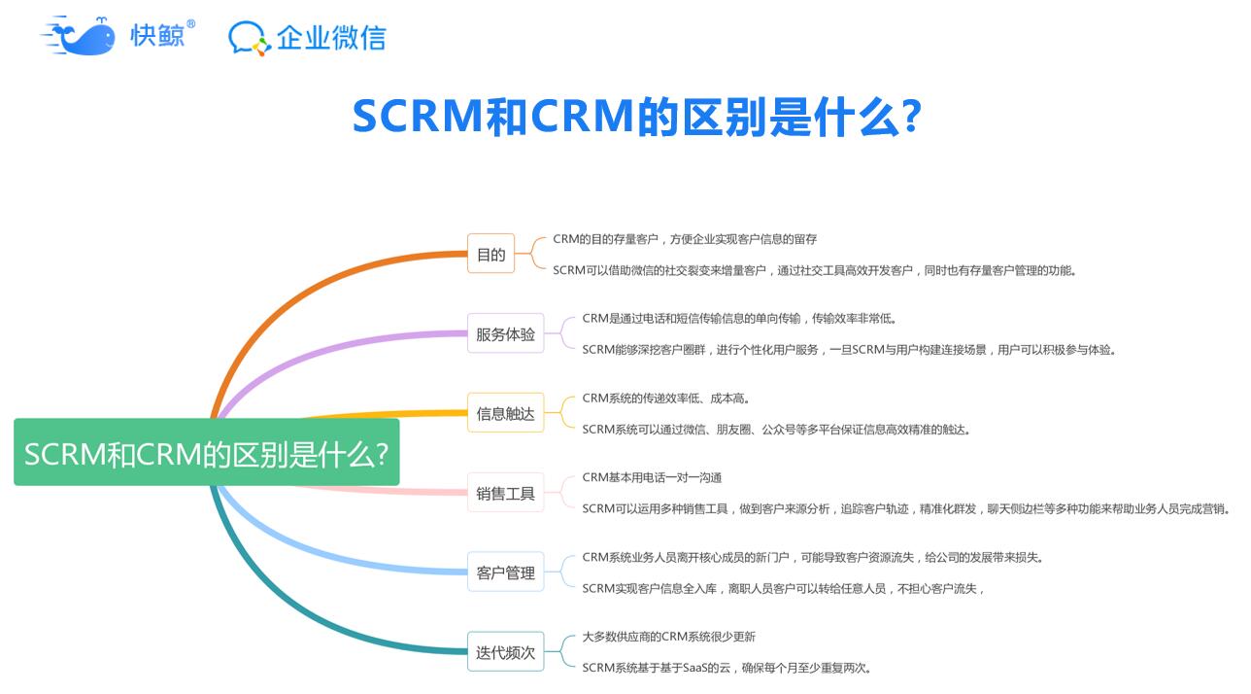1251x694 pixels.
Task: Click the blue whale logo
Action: [x=78, y=36]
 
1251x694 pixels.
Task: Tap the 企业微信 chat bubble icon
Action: [x=247, y=38]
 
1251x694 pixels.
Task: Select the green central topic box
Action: [x=207, y=452]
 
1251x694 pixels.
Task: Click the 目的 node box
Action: [x=490, y=254]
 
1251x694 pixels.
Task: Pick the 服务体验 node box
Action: [x=505, y=333]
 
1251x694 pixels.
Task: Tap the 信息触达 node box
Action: [x=505, y=413]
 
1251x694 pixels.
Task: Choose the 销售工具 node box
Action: [x=505, y=493]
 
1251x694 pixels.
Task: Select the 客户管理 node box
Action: [x=505, y=573]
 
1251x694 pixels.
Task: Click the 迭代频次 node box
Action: [x=505, y=651]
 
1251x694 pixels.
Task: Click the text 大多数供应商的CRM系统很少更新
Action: [x=668, y=637]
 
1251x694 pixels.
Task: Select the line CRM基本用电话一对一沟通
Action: [x=652, y=478]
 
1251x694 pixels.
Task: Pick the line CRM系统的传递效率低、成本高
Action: [x=665, y=399]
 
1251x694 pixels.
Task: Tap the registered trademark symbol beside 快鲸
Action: [x=191, y=24]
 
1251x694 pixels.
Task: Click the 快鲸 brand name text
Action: [x=157, y=36]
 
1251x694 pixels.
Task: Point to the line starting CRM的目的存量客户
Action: [x=685, y=239]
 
